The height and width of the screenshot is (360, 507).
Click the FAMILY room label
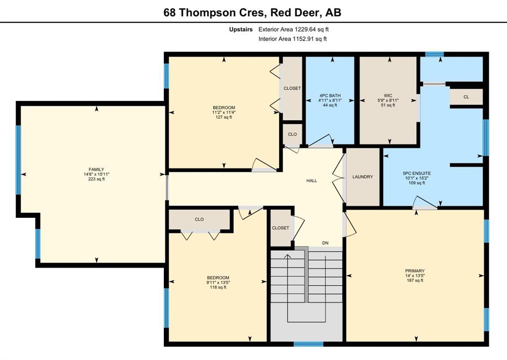(x=97, y=169)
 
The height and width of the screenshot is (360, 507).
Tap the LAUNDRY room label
(x=362, y=177)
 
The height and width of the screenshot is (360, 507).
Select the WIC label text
(x=388, y=96)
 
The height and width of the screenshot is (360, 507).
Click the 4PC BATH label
(x=330, y=96)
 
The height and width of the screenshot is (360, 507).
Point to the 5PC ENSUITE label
(x=416, y=173)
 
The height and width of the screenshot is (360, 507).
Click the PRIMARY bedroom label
(x=415, y=271)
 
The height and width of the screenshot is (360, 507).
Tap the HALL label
(x=312, y=181)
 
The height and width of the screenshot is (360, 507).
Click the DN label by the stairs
(x=325, y=243)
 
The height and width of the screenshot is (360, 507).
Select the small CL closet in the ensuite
(x=466, y=97)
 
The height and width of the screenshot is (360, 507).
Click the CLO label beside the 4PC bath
(x=292, y=134)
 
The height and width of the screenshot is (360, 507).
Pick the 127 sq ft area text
(x=224, y=117)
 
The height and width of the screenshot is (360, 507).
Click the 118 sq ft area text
(x=218, y=287)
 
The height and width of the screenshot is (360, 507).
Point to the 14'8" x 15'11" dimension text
(x=97, y=174)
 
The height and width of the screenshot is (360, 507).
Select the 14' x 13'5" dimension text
(x=415, y=276)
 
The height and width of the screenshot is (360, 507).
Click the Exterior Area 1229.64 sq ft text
(x=294, y=29)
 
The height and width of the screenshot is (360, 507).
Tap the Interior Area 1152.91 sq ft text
(x=293, y=39)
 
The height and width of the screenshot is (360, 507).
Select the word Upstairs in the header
(x=241, y=30)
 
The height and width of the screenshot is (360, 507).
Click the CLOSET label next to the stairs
(x=280, y=228)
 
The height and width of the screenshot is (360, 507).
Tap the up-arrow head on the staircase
(x=288, y=256)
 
